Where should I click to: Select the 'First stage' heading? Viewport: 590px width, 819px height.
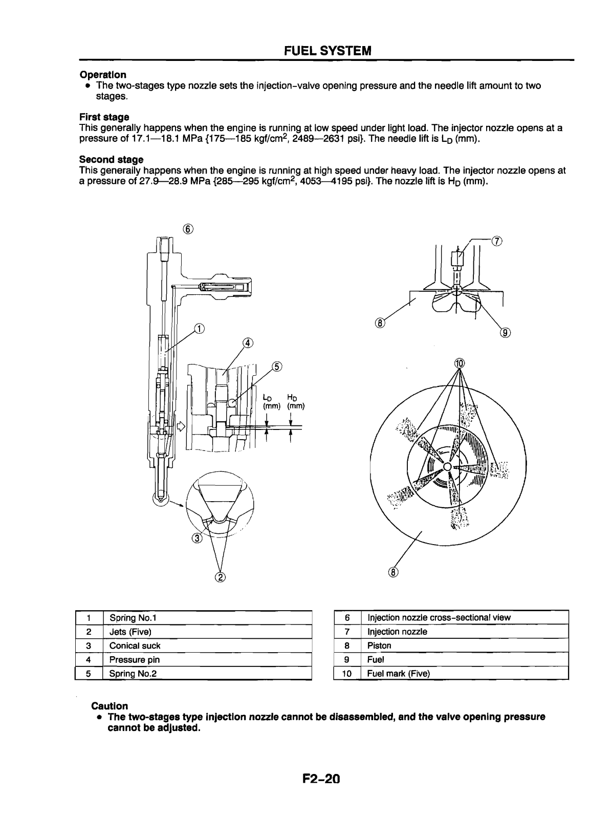104,117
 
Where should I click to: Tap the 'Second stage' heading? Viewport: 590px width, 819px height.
111,160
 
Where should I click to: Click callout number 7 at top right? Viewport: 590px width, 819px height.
495,241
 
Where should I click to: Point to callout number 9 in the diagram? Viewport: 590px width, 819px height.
506,333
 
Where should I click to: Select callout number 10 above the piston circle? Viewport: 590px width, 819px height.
459,363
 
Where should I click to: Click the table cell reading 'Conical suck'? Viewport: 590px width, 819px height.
135,645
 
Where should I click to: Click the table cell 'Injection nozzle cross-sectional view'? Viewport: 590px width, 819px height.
439,617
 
